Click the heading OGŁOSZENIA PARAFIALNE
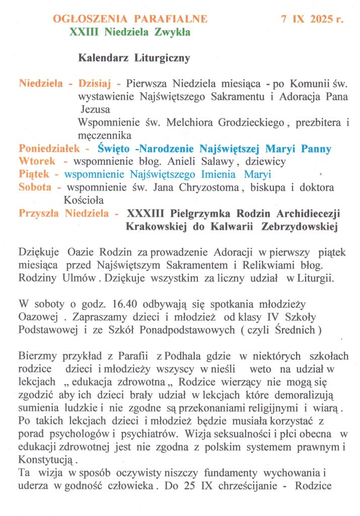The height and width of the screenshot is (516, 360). (130, 19)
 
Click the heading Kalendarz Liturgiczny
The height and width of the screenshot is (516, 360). (134, 58)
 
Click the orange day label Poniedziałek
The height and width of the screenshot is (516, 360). (50, 149)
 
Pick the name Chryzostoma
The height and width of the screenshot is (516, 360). (205, 187)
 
